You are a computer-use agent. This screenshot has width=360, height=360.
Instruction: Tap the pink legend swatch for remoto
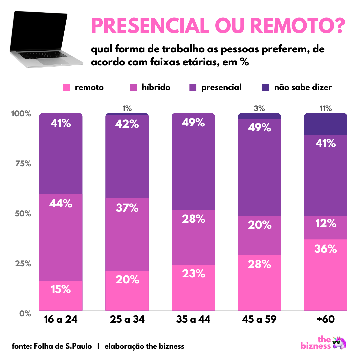(x=67, y=87)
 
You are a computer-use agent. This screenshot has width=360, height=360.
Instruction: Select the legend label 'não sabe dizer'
(x=303, y=87)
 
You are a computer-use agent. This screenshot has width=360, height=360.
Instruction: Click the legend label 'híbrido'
(x=156, y=87)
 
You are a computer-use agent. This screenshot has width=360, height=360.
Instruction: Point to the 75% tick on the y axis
(x=22, y=164)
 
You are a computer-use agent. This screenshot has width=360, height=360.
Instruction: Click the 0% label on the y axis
(x=25, y=314)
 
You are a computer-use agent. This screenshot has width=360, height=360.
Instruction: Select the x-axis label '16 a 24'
(x=61, y=319)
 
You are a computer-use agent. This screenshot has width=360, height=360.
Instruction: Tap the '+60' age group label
(x=325, y=319)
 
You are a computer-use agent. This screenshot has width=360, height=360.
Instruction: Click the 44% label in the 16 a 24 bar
(x=61, y=203)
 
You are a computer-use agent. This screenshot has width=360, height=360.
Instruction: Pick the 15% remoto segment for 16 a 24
(x=61, y=295)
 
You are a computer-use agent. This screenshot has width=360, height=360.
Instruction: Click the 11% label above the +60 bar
(x=325, y=108)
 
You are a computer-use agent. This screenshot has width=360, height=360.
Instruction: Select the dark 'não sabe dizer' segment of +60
(x=325, y=124)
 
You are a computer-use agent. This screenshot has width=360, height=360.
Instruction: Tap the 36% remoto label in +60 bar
(x=325, y=249)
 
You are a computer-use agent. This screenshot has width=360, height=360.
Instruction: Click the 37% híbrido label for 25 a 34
(x=127, y=208)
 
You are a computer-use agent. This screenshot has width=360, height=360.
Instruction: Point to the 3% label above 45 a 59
(x=259, y=108)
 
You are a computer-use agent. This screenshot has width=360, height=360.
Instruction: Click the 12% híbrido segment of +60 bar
(x=325, y=227)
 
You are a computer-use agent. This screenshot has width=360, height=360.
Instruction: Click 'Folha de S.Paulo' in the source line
(x=63, y=346)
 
